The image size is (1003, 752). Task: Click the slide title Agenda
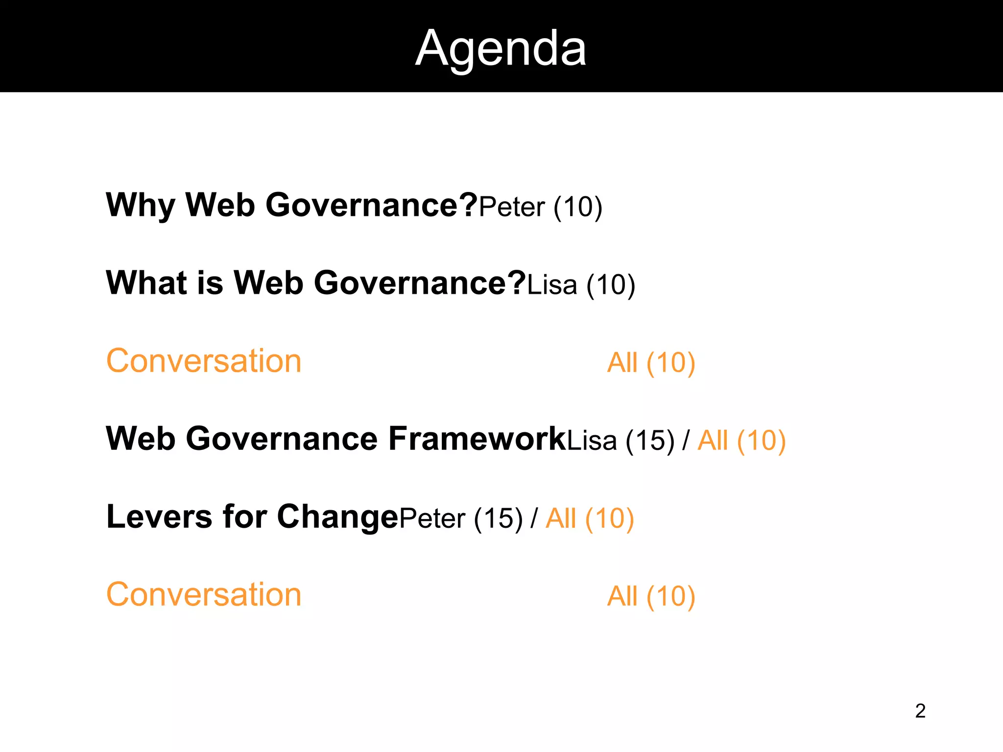pos(501,48)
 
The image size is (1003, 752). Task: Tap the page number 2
pos(920,711)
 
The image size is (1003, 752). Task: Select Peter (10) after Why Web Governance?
pos(540,207)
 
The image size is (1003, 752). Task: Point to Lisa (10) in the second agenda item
pos(581,285)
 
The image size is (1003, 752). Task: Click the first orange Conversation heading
pos(204,361)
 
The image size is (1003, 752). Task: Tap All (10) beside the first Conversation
pos(651,363)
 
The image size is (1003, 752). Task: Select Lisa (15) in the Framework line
pos(621,441)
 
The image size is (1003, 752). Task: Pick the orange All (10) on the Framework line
pos(741,441)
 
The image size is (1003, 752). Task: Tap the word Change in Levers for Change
pos(338,517)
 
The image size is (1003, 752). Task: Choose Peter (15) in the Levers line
pos(461,519)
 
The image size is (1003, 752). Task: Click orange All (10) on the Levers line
pos(590,519)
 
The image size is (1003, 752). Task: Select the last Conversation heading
pos(204,595)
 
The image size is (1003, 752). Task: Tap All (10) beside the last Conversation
pos(651,597)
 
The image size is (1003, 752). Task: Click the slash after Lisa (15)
pos(686,441)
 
